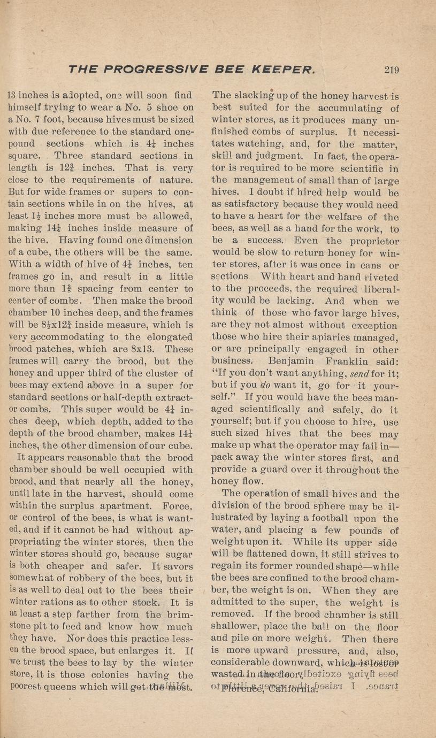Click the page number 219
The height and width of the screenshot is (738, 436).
[x=394, y=70]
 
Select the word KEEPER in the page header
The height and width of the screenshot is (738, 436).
[x=280, y=70]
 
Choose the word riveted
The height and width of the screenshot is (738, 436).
[x=380, y=277]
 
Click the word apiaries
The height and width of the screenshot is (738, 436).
[x=317, y=336]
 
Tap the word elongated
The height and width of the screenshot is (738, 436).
[x=166, y=337]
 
